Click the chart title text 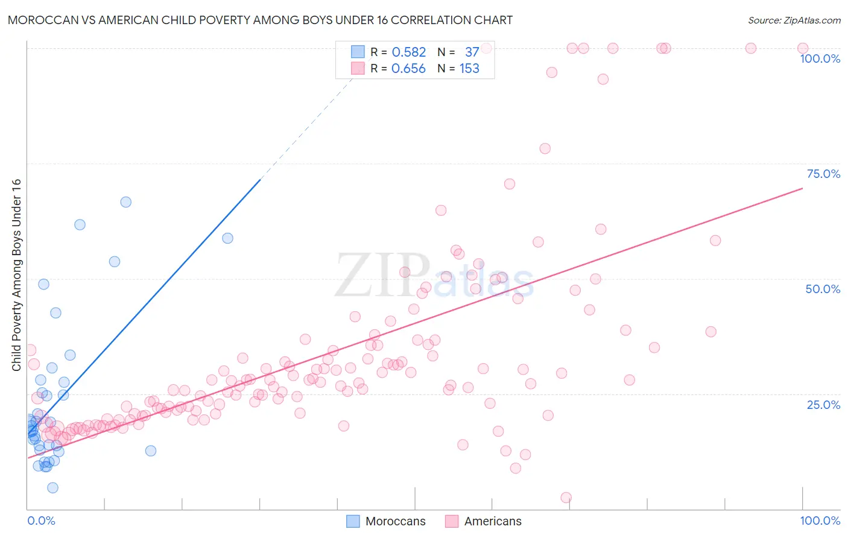click(x=260, y=20)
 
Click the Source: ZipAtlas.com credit click(x=794, y=20)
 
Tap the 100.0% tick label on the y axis click(x=820, y=59)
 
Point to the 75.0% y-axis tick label click(x=823, y=174)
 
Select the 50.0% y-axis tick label click(x=823, y=289)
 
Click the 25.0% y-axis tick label click(x=823, y=404)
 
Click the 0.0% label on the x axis click(x=41, y=521)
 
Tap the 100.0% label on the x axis click(x=820, y=521)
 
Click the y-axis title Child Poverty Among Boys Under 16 click(x=16, y=275)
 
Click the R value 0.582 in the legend click(x=408, y=52)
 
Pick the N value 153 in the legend click(x=469, y=69)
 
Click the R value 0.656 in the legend click(x=408, y=69)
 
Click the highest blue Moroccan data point click(x=125, y=202)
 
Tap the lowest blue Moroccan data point click(x=52, y=488)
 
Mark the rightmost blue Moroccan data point click(x=227, y=238)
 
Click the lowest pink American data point click(x=566, y=498)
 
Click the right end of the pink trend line click(x=802, y=189)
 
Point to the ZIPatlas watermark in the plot click(x=434, y=276)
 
